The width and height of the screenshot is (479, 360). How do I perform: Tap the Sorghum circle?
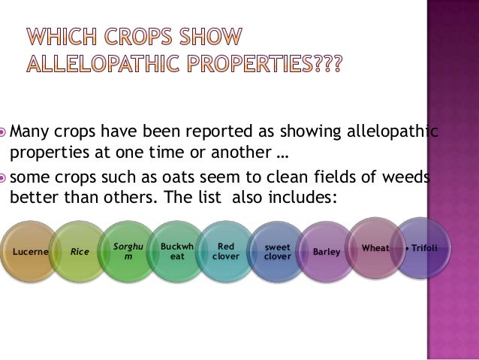click(x=127, y=252)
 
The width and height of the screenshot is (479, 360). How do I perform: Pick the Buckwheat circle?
click(x=177, y=251)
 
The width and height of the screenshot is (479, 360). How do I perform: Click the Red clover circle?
click(x=226, y=251)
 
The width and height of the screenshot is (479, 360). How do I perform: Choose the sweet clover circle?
click(x=276, y=251)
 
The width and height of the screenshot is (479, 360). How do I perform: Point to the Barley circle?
click(x=327, y=252)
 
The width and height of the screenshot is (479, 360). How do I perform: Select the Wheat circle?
click(x=375, y=247)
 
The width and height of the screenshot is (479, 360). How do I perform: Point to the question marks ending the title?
click(x=327, y=66)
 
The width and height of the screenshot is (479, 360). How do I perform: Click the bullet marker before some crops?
click(x=5, y=177)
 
